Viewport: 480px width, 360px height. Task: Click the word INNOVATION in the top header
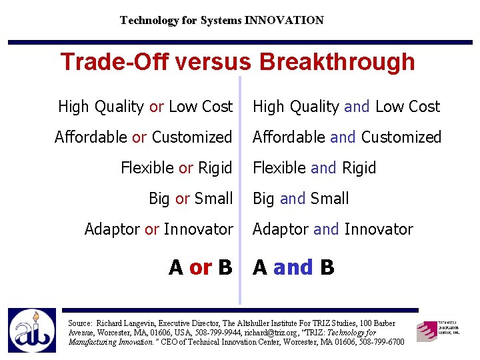point(284,21)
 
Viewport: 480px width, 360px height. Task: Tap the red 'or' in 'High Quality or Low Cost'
point(157,107)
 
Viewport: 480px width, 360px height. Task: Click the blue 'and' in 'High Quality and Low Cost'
point(357,107)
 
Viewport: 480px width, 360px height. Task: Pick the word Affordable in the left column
point(91,137)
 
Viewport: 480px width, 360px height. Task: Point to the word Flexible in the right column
point(280,168)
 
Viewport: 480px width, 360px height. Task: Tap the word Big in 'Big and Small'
point(264,199)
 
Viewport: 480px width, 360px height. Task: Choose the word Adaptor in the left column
point(113,229)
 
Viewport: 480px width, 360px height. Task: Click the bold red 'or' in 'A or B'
point(201,267)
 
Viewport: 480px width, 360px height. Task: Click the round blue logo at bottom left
point(32,331)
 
